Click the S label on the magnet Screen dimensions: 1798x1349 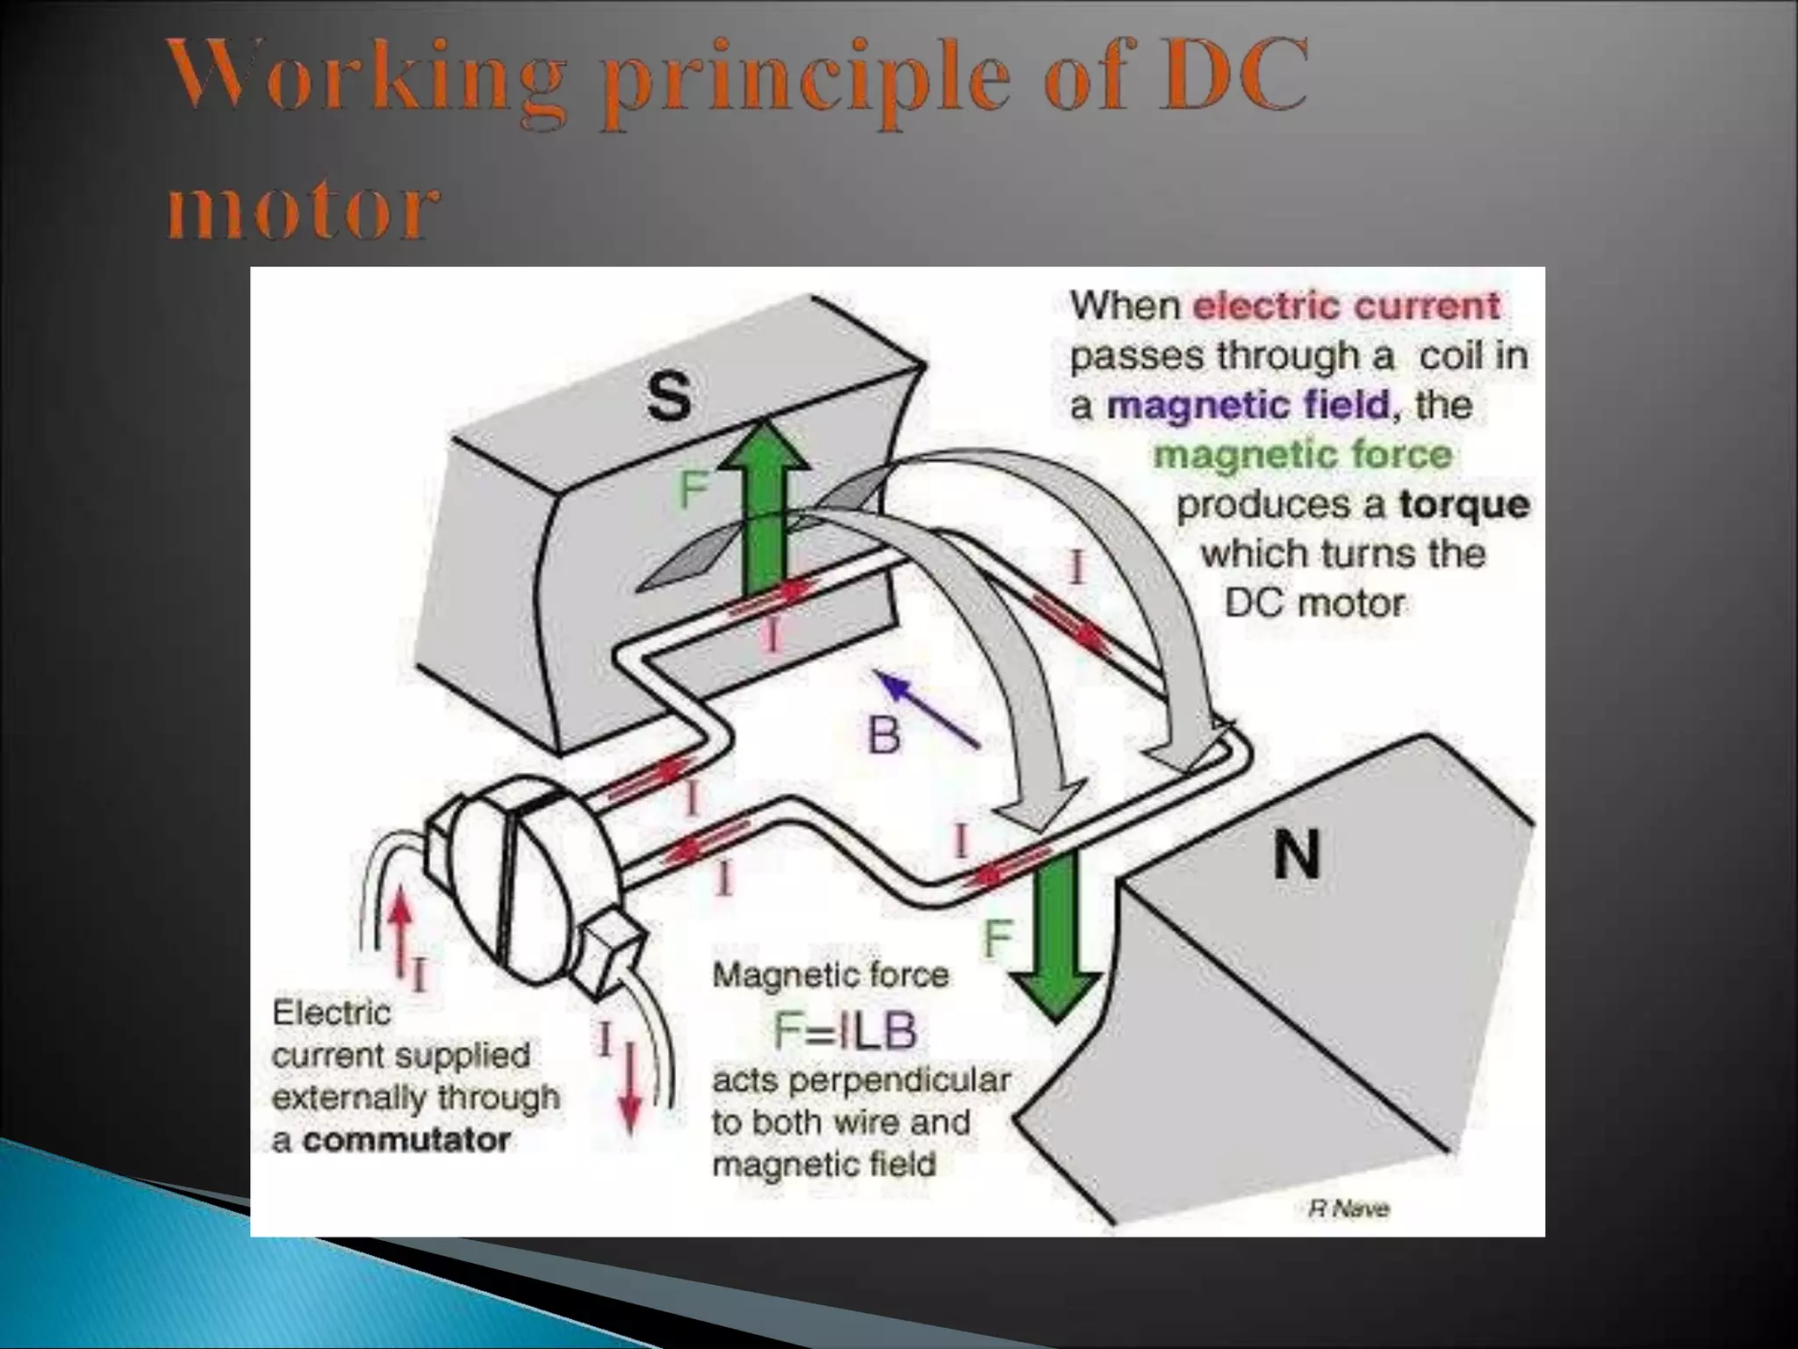(669, 397)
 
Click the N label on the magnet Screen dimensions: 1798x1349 (1297, 855)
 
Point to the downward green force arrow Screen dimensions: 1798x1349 (1054, 935)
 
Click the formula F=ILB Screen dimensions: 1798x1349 (845, 1031)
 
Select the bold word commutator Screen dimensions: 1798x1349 (406, 1140)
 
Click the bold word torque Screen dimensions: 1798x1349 (1464, 504)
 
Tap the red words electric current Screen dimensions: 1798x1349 (1347, 306)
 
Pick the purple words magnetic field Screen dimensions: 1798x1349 (1249, 405)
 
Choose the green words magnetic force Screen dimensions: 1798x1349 (1303, 455)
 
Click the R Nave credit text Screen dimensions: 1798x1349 (1349, 1209)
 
